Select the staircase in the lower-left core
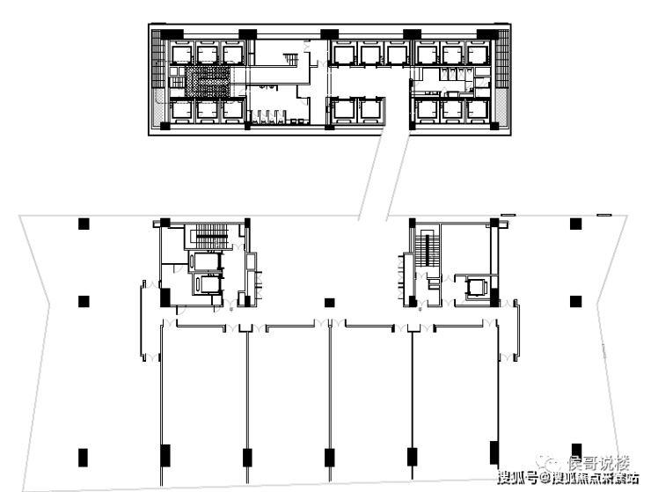click(210, 237)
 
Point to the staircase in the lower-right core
click(429, 250)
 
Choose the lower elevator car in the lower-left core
click(210, 284)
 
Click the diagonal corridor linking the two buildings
click(385, 173)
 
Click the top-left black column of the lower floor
click(84, 224)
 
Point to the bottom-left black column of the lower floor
click(83, 458)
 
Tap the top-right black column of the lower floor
click(575, 224)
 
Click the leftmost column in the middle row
click(84, 302)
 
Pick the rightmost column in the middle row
click(575, 301)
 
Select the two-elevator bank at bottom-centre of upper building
click(356, 110)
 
